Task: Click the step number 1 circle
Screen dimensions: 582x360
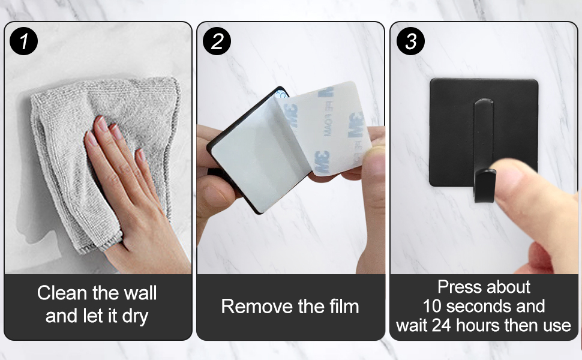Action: point(24,41)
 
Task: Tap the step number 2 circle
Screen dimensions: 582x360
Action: point(217,41)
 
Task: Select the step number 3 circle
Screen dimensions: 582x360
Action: point(410,41)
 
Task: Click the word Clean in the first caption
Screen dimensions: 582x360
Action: point(62,293)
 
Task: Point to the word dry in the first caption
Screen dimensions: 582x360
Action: point(135,317)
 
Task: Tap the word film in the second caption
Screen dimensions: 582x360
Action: point(344,307)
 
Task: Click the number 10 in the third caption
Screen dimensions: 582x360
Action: point(432,306)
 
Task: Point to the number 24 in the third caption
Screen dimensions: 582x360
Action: point(442,325)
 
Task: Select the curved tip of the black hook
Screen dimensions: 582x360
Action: point(485,185)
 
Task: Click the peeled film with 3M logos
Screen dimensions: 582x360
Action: point(326,126)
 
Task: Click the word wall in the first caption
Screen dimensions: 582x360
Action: point(140,293)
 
